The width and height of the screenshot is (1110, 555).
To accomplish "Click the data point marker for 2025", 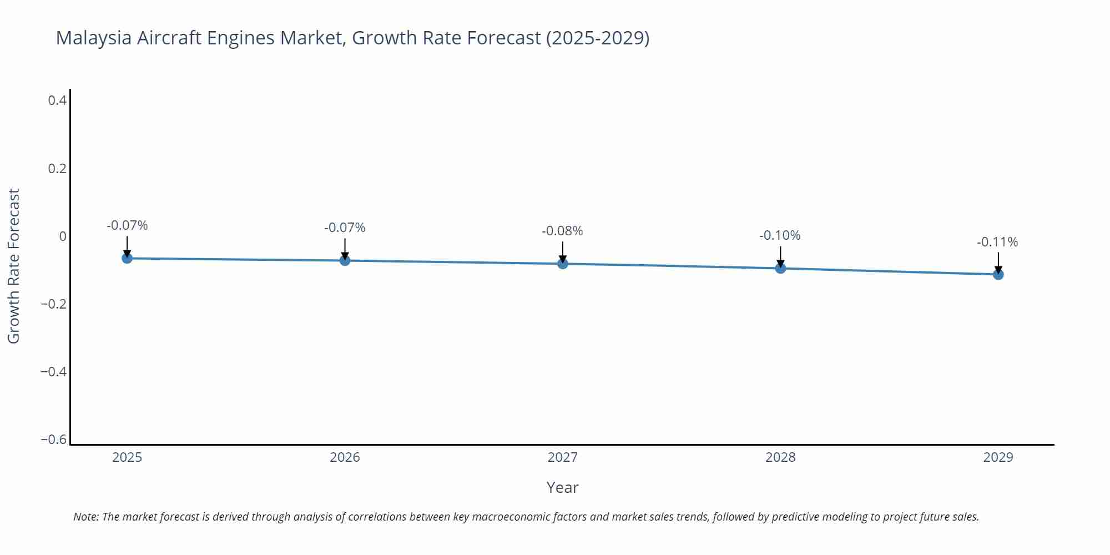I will tap(127, 258).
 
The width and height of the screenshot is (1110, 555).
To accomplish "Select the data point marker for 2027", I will tap(563, 264).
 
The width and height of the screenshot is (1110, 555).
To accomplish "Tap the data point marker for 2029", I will tap(998, 274).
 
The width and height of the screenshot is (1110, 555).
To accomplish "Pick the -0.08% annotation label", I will tap(562, 231).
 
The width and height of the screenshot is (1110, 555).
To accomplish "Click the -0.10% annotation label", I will tap(780, 235).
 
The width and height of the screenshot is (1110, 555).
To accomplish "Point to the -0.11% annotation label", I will tap(997, 242).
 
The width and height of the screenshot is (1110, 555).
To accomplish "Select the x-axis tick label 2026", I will tap(345, 457).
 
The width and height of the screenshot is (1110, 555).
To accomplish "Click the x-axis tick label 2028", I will tap(780, 457).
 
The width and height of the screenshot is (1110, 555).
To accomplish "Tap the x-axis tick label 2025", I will tap(127, 457).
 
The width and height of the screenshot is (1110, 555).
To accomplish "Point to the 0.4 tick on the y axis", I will tap(57, 100).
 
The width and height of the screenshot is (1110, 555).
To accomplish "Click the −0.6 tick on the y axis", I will tap(54, 440).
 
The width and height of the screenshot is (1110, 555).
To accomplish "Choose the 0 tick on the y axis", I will tap(63, 236).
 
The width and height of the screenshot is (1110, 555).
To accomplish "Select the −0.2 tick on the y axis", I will tap(54, 304).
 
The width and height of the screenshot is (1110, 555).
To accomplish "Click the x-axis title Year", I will tap(562, 487).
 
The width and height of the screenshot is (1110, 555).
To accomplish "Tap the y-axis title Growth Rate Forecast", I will tap(14, 266).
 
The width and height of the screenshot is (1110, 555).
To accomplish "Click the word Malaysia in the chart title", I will tap(93, 38).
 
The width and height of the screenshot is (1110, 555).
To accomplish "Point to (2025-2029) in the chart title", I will tap(597, 38).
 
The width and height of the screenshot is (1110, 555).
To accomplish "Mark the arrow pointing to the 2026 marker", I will tap(345, 250).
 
